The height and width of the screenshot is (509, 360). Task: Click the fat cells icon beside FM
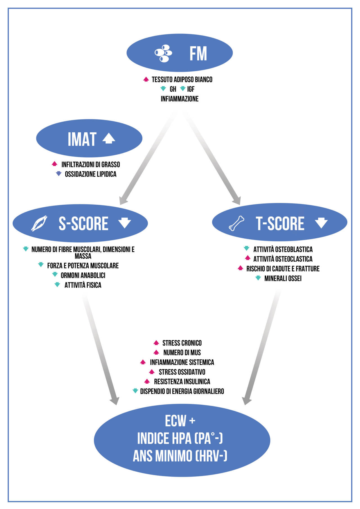[x=163, y=53]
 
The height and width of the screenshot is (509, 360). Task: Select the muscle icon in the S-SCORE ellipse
[x=39, y=223]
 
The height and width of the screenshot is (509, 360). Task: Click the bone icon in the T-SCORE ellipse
[x=237, y=223]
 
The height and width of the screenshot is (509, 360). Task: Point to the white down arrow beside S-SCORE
[x=125, y=223]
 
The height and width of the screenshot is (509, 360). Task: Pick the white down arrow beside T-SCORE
[x=321, y=223]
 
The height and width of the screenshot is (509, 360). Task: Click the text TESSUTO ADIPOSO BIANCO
[x=182, y=80]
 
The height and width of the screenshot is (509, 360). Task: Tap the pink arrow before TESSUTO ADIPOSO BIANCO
[x=146, y=79]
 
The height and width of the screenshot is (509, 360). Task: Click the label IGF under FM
[x=191, y=89]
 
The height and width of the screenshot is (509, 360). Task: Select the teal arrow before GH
[x=163, y=89]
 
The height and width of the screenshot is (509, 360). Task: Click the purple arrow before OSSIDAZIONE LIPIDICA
[x=59, y=174]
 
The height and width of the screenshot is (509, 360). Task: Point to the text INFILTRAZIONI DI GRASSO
[x=91, y=164]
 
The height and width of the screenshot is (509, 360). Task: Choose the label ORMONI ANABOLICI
[x=83, y=275]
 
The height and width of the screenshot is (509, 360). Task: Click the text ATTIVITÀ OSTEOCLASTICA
[x=283, y=259]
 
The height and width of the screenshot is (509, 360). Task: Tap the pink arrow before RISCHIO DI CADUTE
[x=240, y=268]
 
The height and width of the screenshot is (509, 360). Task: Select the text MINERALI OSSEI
[x=283, y=279]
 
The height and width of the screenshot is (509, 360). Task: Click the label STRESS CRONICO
[x=182, y=343]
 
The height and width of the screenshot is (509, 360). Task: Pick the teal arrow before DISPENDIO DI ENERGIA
[x=135, y=391]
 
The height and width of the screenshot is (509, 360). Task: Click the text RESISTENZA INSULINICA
[x=182, y=381]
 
